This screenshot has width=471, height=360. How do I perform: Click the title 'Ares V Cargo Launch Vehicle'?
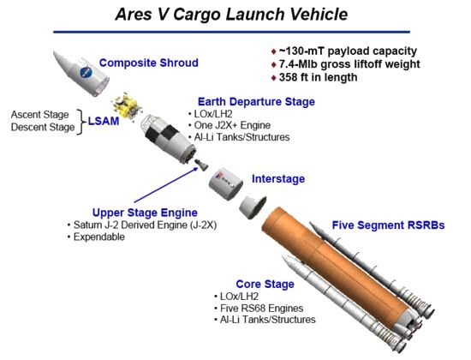[x=231, y=15]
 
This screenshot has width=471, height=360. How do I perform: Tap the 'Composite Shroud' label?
[x=149, y=63]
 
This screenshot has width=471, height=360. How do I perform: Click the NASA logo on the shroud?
[x=86, y=73]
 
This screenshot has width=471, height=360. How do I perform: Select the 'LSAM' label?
[x=104, y=121]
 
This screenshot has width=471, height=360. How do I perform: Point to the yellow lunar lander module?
[x=126, y=106]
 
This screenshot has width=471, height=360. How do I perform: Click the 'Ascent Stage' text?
[x=39, y=114]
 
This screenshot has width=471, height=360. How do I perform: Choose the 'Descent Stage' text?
[x=43, y=127]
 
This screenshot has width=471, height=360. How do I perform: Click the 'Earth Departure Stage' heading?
[x=256, y=102]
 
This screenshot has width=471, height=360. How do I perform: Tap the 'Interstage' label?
[x=278, y=179]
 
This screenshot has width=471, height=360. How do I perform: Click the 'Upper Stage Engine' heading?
[x=145, y=213]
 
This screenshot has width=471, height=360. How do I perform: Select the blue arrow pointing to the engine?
[x=166, y=185]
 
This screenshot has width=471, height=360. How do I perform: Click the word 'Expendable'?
[x=99, y=237]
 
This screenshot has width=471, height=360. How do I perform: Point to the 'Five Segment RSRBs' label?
[x=388, y=225]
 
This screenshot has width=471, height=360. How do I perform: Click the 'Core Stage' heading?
[x=265, y=285]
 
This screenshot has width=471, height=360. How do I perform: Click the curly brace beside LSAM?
[x=80, y=122]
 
